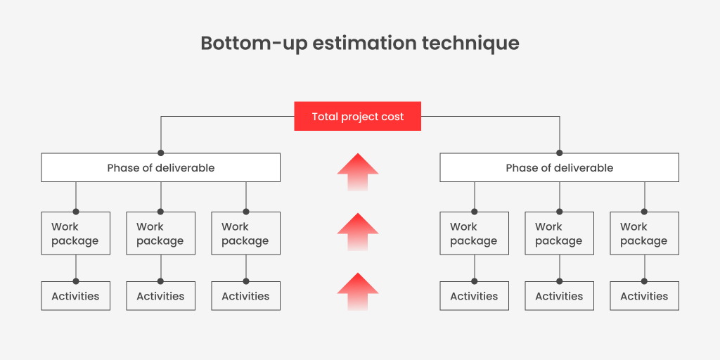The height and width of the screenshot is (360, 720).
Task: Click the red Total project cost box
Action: (357, 116)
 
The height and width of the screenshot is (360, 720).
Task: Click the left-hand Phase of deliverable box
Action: (161, 167)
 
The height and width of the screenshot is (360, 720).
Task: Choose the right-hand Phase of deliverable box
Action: (559, 167)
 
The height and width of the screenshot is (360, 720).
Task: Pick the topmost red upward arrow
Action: (358, 172)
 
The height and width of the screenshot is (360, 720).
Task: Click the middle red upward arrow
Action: (358, 232)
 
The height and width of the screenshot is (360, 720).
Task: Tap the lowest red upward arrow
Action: (358, 292)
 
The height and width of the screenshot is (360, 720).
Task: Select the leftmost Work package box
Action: (76, 233)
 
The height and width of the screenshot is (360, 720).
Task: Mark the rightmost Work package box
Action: (644, 233)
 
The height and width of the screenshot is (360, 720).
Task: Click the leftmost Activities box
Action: (76, 296)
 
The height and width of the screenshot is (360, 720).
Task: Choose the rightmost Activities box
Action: (644, 296)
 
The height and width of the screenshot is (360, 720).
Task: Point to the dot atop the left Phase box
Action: (161, 153)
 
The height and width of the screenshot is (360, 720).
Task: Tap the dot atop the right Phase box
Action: (559, 153)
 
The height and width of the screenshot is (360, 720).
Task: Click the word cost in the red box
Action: (393, 117)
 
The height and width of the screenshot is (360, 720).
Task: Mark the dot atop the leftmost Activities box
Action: (76, 281)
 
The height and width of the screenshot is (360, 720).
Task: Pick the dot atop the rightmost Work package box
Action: (644, 212)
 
